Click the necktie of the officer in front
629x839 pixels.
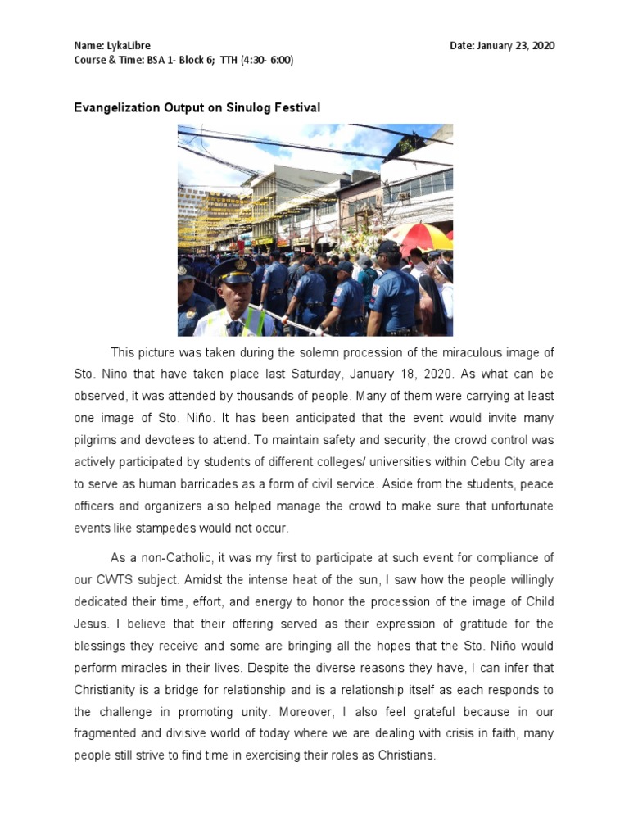tap(236, 327)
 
